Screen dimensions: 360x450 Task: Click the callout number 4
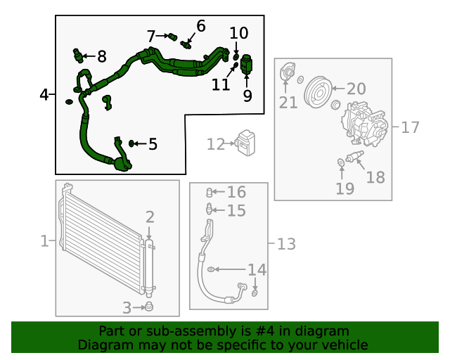pyautogui.click(x=44, y=94)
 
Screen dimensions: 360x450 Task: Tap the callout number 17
pyautogui.click(x=410, y=127)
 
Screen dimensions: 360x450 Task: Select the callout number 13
pyautogui.click(x=286, y=244)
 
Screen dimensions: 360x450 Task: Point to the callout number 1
pyautogui.click(x=44, y=242)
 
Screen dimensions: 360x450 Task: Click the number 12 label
pyautogui.click(x=214, y=145)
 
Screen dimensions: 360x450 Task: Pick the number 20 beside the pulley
pyautogui.click(x=356, y=89)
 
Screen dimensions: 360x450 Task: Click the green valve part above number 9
pyautogui.click(x=247, y=64)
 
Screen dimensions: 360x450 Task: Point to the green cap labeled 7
pyautogui.click(x=171, y=37)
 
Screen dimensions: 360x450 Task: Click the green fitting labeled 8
pyautogui.click(x=77, y=54)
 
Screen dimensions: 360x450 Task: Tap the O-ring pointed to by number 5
pyautogui.click(x=131, y=144)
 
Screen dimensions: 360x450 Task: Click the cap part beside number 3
pyautogui.click(x=148, y=307)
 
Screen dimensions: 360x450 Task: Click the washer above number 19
pyautogui.click(x=341, y=163)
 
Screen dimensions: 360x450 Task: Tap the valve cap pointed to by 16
pyautogui.click(x=209, y=192)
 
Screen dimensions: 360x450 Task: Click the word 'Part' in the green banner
pyautogui.click(x=112, y=331)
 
